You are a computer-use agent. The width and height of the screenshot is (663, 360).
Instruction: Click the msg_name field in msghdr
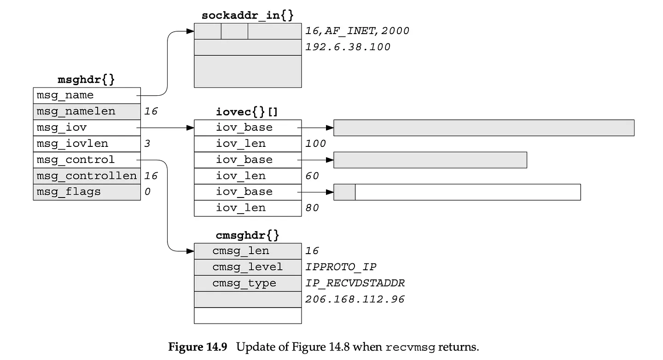87,95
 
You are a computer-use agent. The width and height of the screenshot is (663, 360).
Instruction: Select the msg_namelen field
87,111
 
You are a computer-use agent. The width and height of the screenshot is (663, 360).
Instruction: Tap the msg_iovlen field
87,144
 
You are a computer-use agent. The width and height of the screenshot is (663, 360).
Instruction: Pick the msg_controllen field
87,176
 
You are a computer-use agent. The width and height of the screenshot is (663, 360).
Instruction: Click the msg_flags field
87,192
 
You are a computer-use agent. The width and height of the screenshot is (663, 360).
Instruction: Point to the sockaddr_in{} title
247,15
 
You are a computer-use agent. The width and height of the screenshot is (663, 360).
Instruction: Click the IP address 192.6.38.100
348,47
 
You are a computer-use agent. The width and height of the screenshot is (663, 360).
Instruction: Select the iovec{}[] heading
247,112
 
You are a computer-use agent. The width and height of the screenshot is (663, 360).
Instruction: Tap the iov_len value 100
315,144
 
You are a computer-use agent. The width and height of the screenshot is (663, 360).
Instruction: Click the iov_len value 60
312,176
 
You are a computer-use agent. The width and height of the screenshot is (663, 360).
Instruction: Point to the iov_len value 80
312,208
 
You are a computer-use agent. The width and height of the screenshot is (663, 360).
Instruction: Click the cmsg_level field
248,267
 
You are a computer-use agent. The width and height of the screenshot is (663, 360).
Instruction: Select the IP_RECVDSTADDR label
355,283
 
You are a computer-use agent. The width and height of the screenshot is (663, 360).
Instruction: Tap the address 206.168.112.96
355,299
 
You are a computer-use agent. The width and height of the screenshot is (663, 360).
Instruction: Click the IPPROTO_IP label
341,267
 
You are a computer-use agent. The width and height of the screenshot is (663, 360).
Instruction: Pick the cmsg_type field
248,284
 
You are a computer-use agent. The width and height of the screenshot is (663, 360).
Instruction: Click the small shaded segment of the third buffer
344,192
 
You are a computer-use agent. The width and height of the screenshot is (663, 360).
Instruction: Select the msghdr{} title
86,80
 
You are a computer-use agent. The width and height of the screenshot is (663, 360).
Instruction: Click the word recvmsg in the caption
410,347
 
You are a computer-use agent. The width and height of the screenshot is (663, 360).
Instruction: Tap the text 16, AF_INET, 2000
357,31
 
